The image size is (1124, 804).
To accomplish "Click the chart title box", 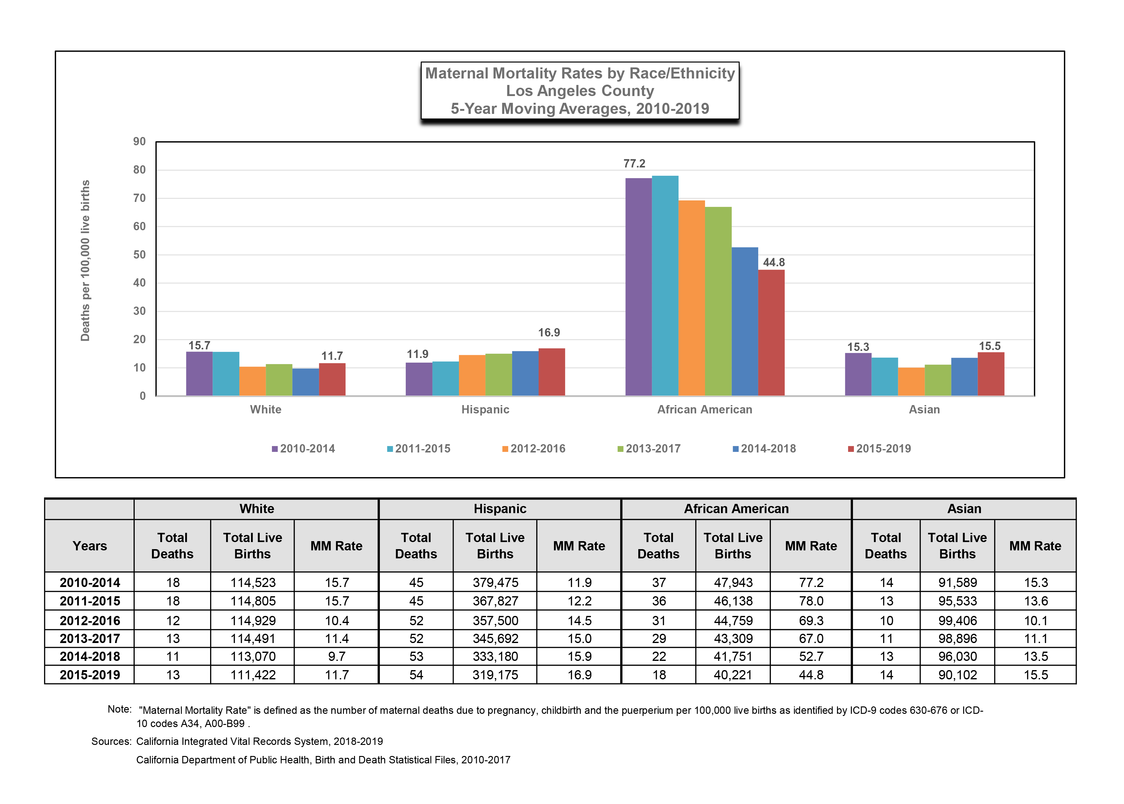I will (580, 90).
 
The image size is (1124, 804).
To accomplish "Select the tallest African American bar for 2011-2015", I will (665, 286).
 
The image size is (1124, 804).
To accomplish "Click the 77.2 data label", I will (634, 163).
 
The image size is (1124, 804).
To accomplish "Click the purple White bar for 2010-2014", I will (199, 373).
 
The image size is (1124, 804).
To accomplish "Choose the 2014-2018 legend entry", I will (764, 448).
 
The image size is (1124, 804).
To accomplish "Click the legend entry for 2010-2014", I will (303, 448).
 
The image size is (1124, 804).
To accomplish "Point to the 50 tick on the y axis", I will (140, 255).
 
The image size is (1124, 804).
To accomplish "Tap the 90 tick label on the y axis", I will (140, 142).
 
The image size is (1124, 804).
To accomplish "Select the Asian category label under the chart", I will (924, 409).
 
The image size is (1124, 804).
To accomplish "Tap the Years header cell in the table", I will (90, 545).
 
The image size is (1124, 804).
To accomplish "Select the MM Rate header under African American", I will (811, 545).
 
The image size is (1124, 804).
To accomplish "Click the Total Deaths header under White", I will (172, 545).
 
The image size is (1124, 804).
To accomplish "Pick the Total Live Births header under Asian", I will (957, 545).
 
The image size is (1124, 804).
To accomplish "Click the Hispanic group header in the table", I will (500, 509).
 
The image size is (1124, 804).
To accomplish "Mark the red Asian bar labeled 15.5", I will (991, 374).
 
